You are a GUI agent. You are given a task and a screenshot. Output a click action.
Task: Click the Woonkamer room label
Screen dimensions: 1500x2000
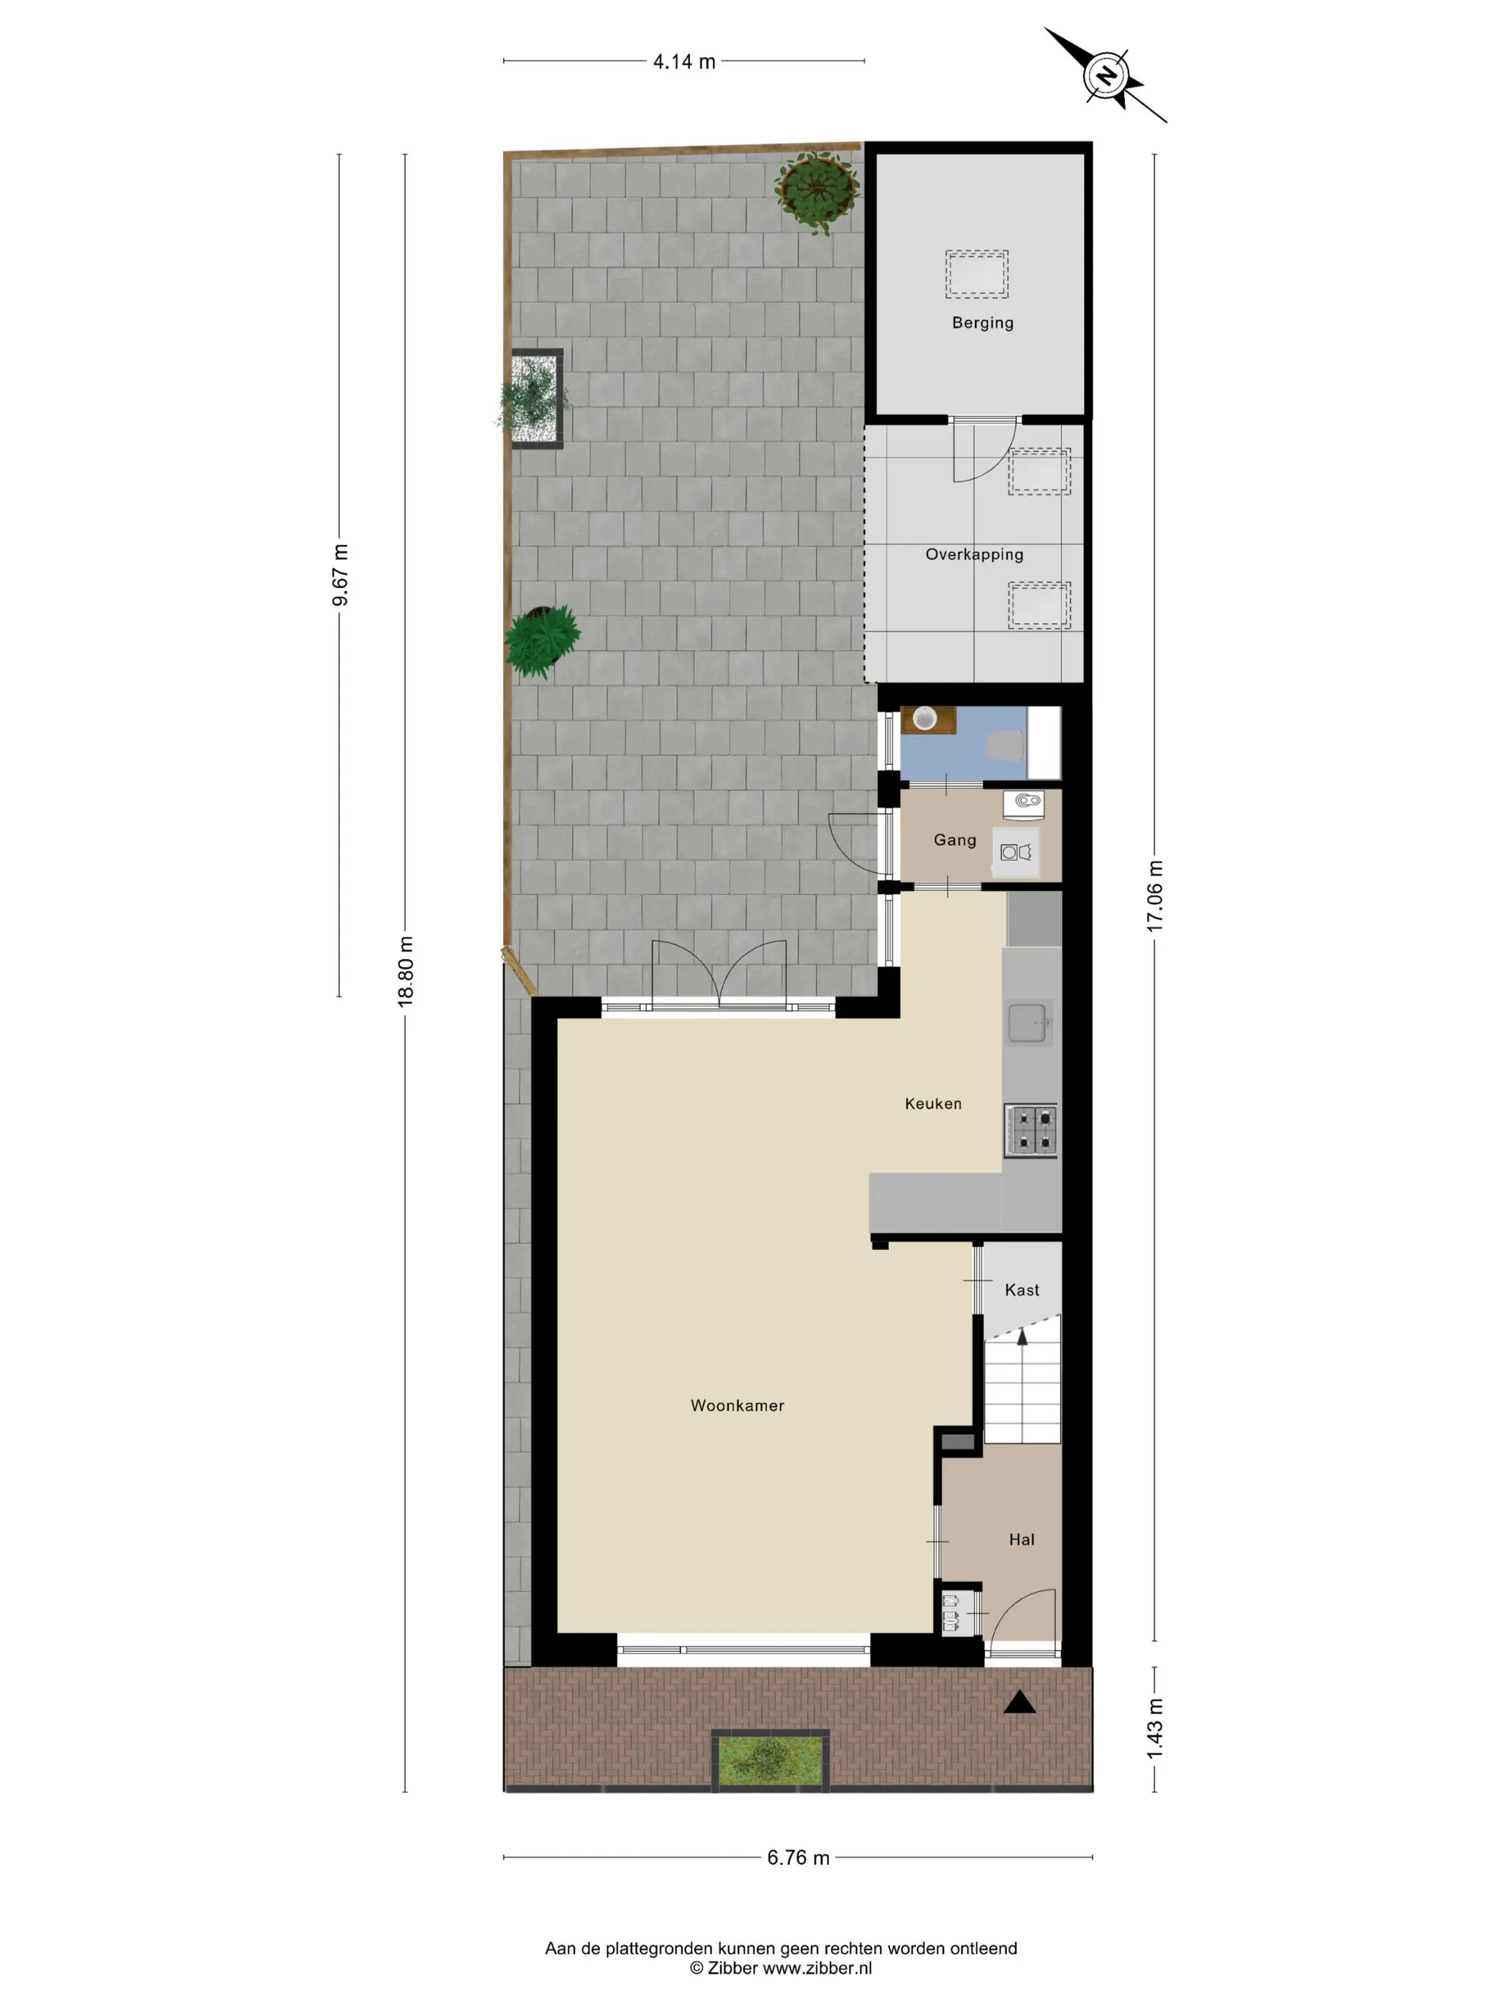pyautogui.click(x=737, y=1405)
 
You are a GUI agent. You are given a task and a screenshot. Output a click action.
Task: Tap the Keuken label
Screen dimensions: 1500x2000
pyautogui.click(x=933, y=1103)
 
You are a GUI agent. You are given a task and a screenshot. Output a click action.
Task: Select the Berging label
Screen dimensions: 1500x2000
pyautogui.click(x=983, y=323)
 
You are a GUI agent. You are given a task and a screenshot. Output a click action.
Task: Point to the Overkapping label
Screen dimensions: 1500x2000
pyautogui.click(x=974, y=554)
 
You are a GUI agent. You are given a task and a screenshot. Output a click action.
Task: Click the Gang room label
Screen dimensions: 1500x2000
pyautogui.click(x=955, y=840)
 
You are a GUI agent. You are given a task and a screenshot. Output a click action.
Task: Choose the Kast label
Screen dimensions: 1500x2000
pyautogui.click(x=1021, y=1290)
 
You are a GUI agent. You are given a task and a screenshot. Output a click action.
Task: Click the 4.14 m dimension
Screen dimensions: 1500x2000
pyautogui.click(x=684, y=61)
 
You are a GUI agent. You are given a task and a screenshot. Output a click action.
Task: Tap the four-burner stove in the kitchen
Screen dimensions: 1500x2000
pyautogui.click(x=1031, y=1130)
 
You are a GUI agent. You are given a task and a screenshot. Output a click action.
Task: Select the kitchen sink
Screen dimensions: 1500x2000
pyautogui.click(x=1030, y=1024)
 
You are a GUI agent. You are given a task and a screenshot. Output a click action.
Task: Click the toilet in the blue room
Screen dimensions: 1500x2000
pyautogui.click(x=1006, y=746)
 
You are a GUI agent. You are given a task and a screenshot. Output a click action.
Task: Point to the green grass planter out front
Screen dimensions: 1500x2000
pyautogui.click(x=769, y=1759)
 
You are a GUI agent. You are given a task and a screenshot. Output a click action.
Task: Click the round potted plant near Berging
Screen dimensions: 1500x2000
pyautogui.click(x=817, y=191)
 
